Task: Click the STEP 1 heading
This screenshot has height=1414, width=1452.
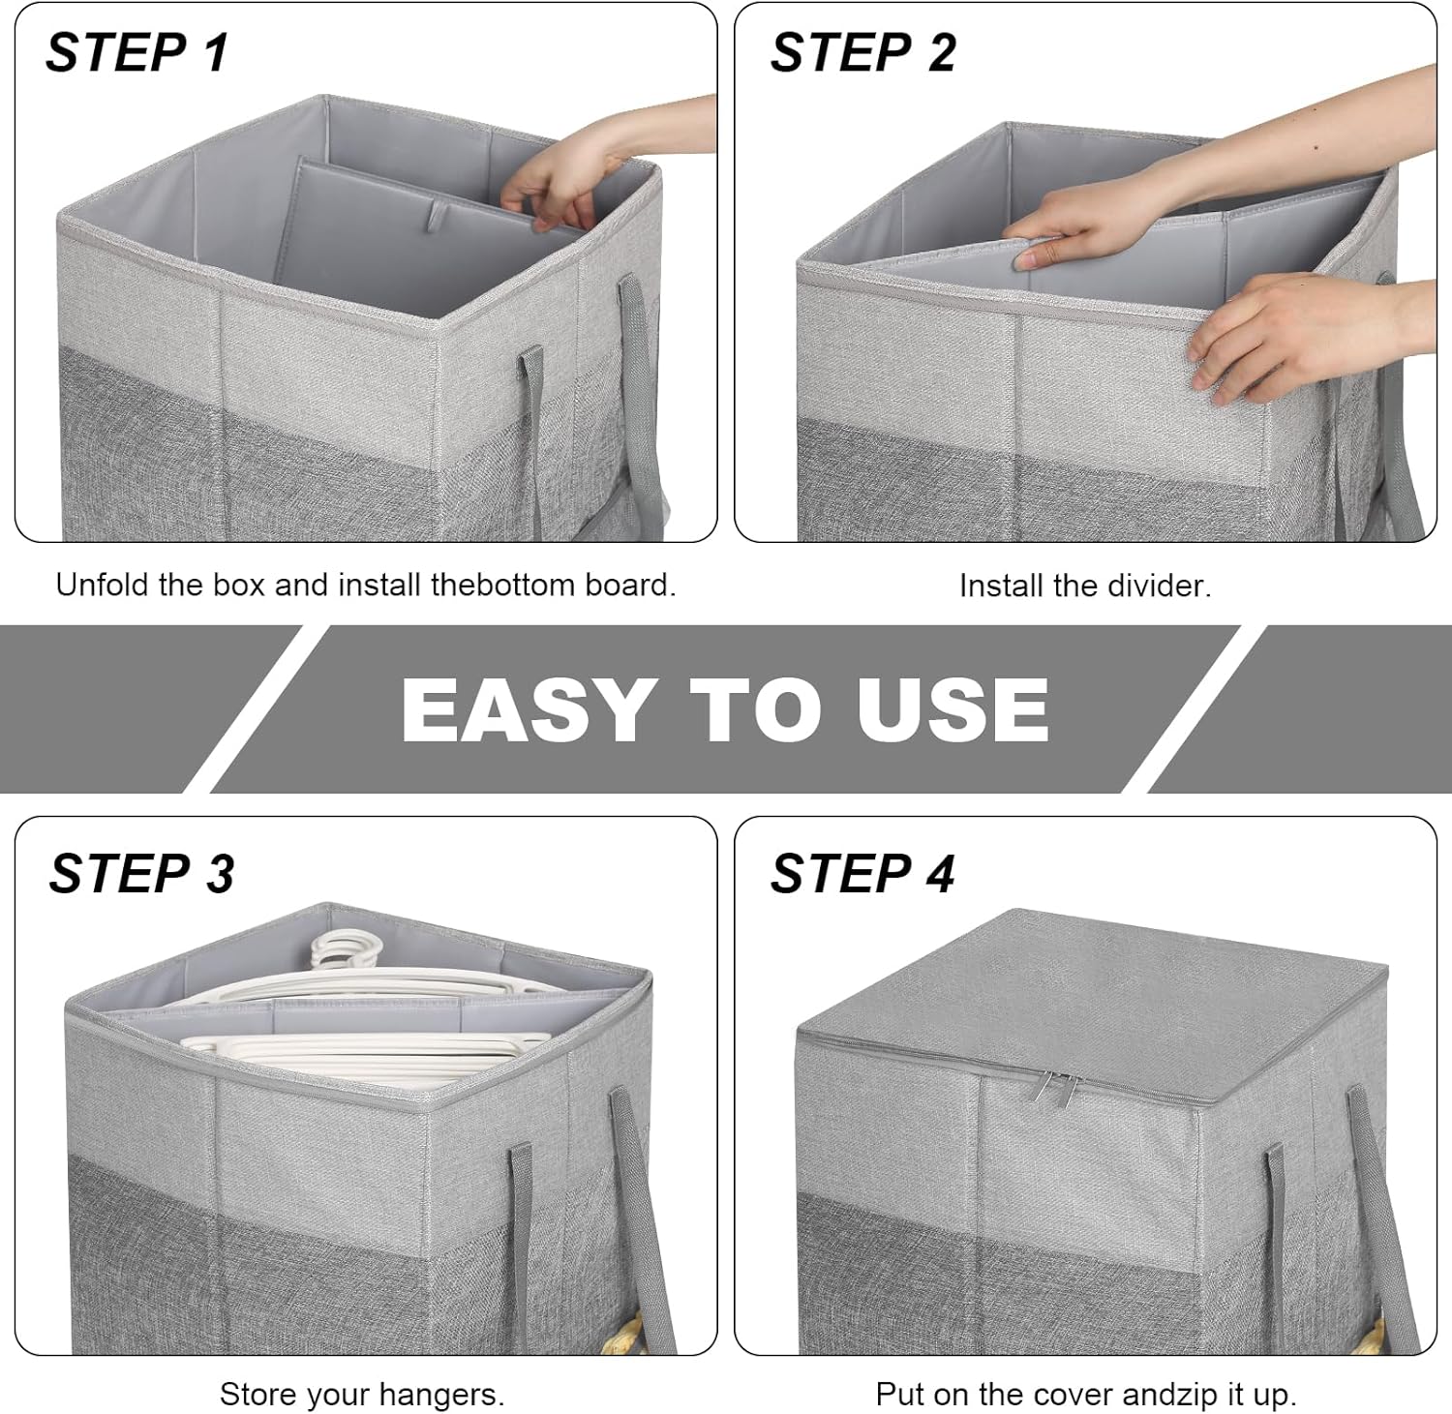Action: coord(136,52)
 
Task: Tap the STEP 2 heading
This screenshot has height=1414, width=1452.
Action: coord(862,52)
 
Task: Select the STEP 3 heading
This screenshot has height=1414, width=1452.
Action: coord(141,873)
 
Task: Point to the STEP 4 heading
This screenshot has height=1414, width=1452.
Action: coord(862,873)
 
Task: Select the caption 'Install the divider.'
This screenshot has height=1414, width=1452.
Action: coord(1084,586)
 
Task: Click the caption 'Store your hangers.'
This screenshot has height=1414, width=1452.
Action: coord(361,1394)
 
